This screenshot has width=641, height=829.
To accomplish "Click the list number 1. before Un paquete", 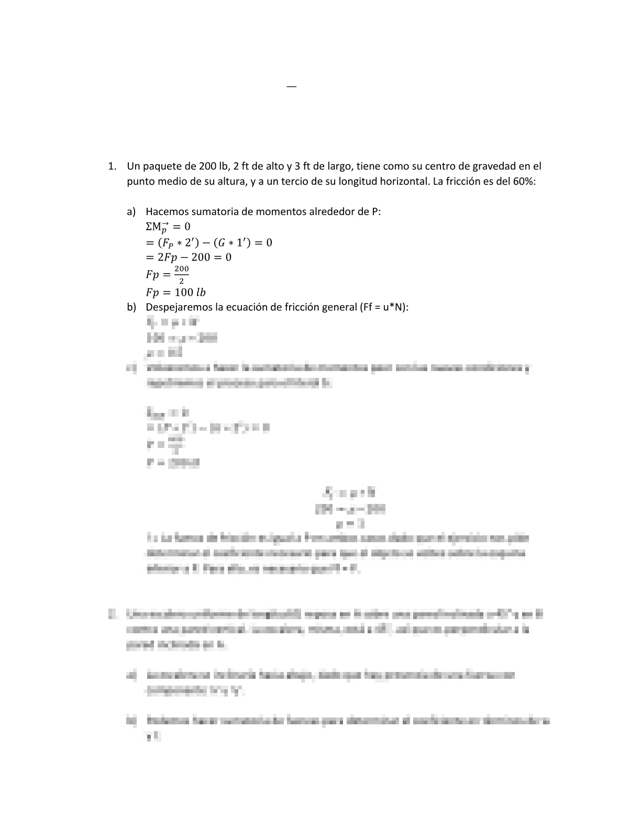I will (112, 166).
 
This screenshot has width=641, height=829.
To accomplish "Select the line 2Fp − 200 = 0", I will (189, 257).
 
